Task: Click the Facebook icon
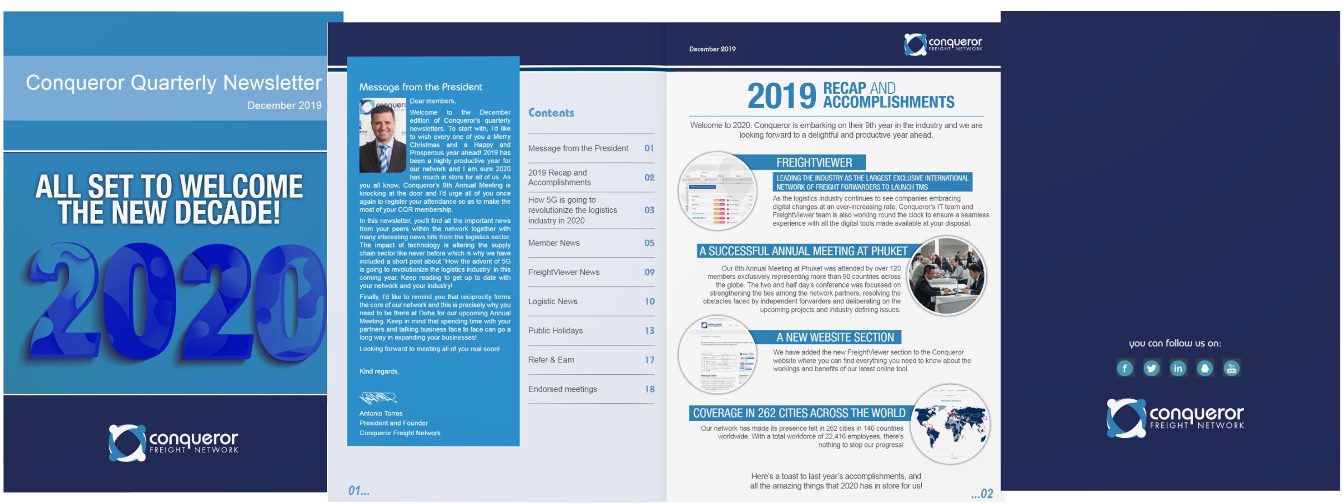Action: tap(1124, 368)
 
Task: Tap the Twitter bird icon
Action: tap(1151, 368)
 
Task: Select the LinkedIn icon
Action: tap(1178, 368)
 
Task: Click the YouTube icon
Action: tap(1231, 368)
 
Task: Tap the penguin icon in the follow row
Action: tap(1205, 368)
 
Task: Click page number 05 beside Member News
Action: tap(649, 243)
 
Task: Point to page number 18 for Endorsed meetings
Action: tap(649, 389)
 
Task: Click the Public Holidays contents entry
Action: tap(555, 331)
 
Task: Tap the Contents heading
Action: tap(551, 113)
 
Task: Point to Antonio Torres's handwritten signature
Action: tap(378, 398)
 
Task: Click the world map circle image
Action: tap(950, 424)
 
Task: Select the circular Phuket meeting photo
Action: tap(946, 276)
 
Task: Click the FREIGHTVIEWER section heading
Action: tap(814, 163)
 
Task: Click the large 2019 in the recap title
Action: tap(781, 96)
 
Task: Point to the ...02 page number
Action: tap(982, 494)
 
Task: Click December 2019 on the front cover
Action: tap(284, 105)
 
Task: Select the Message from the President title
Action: tap(420, 87)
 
